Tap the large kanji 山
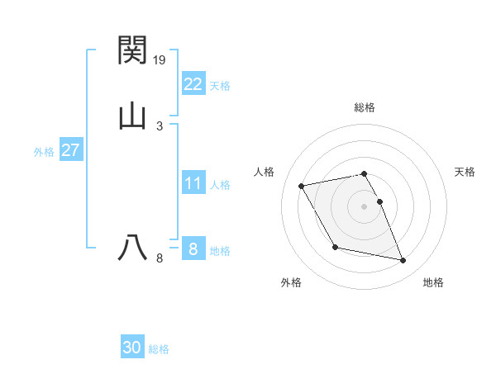tap(132, 116)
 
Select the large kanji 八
tap(132, 247)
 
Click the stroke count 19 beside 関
tap(160, 59)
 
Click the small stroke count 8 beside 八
tap(160, 258)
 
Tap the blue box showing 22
tap(193, 83)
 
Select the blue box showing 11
tap(193, 183)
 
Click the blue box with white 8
tap(193, 249)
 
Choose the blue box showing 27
tap(71, 150)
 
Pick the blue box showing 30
tap(132, 348)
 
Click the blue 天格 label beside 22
tap(220, 85)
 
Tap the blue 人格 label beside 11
tap(220, 185)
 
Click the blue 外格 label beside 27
tap(44, 152)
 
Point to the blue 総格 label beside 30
tap(159, 349)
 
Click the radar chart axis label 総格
tap(365, 107)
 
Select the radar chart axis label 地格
tap(433, 282)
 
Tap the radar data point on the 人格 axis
tap(302, 185)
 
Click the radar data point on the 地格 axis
tap(403, 261)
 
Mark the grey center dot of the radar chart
tap(365, 206)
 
